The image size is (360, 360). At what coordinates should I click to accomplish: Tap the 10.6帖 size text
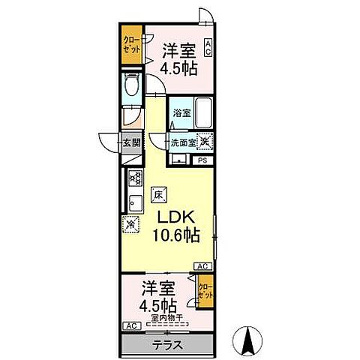pyautogui.click(x=178, y=235)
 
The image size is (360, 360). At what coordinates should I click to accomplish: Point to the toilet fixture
pyautogui.click(x=130, y=86)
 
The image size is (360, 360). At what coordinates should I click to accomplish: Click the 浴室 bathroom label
pyautogui.click(x=181, y=113)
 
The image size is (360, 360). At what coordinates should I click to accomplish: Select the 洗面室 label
pyautogui.click(x=181, y=142)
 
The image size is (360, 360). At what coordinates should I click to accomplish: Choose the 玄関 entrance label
pyautogui.click(x=132, y=142)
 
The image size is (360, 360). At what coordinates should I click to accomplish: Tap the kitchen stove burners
pyautogui.click(x=136, y=179)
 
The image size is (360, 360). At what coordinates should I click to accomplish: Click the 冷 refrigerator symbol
pyautogui.click(x=130, y=223)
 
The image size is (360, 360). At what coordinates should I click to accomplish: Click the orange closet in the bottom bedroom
pyautogui.click(x=204, y=290)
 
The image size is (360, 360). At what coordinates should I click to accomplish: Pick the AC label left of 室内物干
pyautogui.click(x=130, y=326)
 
